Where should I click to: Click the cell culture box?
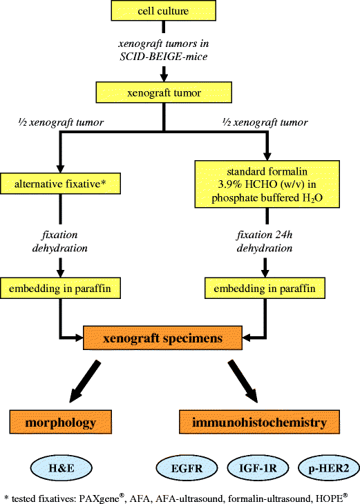pos(162,11)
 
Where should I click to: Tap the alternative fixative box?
pos(61,183)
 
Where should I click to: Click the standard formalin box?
pos(267,184)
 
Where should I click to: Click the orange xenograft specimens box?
pos(162,338)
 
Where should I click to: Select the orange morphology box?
pos(61,420)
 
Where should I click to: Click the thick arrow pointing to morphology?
pos(90,384)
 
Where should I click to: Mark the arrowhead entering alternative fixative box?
pos(61,168)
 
